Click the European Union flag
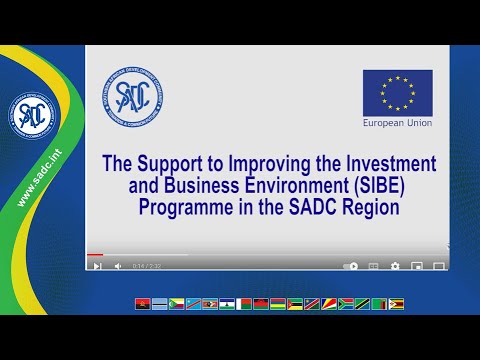tap(398, 92)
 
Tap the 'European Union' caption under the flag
tap(398, 125)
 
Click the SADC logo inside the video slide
tap(132, 97)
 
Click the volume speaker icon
tap(118, 266)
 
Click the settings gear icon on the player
tap(395, 266)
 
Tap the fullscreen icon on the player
tap(438, 266)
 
